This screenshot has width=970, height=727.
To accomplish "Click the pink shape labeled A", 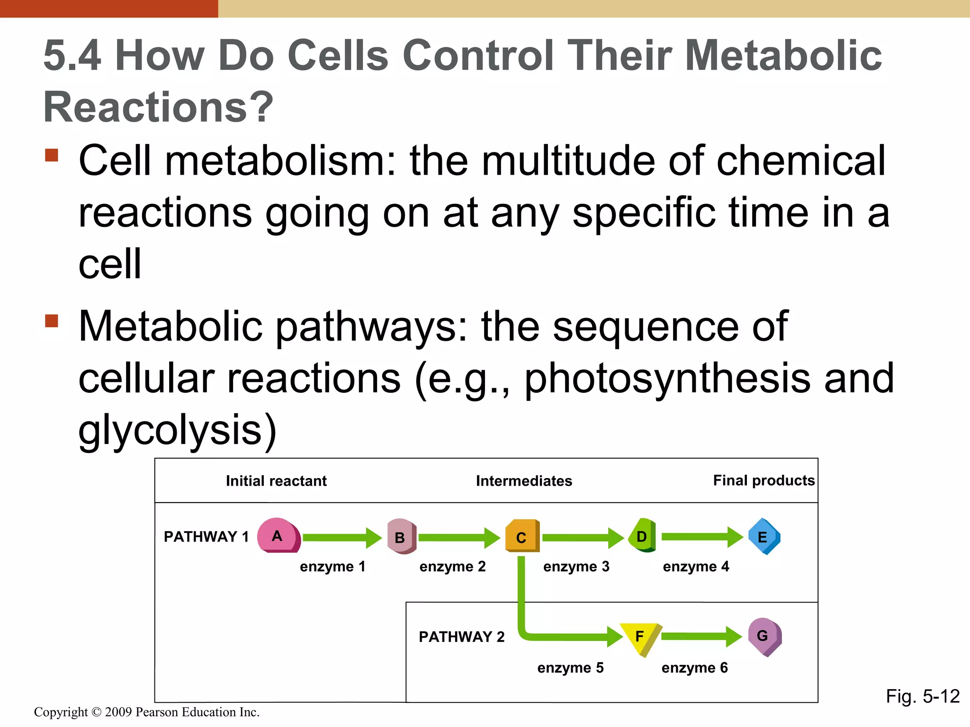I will point(278,536).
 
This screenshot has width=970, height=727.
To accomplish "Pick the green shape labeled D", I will point(642,536).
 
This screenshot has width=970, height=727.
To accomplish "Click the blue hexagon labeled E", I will point(763,537).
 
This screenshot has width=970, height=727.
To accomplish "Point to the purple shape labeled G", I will point(764,636).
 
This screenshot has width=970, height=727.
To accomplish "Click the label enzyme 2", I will point(452,567).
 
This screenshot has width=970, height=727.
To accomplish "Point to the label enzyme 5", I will point(570,668).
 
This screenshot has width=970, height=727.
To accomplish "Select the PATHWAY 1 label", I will point(206,537).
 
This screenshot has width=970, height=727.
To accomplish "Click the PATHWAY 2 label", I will point(461,637).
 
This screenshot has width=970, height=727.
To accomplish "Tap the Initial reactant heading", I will point(276,481).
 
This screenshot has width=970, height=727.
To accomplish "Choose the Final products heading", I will point(763,480).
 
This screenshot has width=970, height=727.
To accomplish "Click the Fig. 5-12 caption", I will point(923,696).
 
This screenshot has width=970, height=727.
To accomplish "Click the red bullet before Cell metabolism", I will point(52,155).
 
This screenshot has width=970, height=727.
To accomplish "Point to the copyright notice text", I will point(147,712).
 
